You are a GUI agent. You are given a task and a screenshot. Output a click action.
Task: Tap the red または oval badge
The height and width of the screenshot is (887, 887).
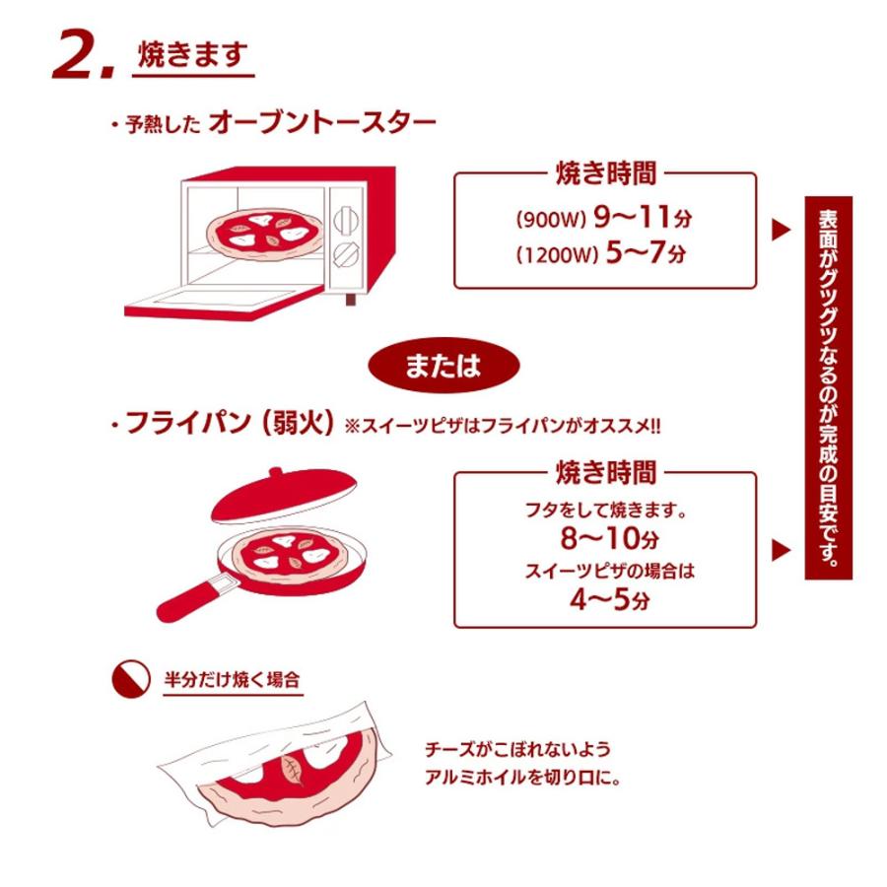pos(443,366)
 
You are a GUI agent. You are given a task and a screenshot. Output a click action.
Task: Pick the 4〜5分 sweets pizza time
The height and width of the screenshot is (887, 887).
pos(604,597)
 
